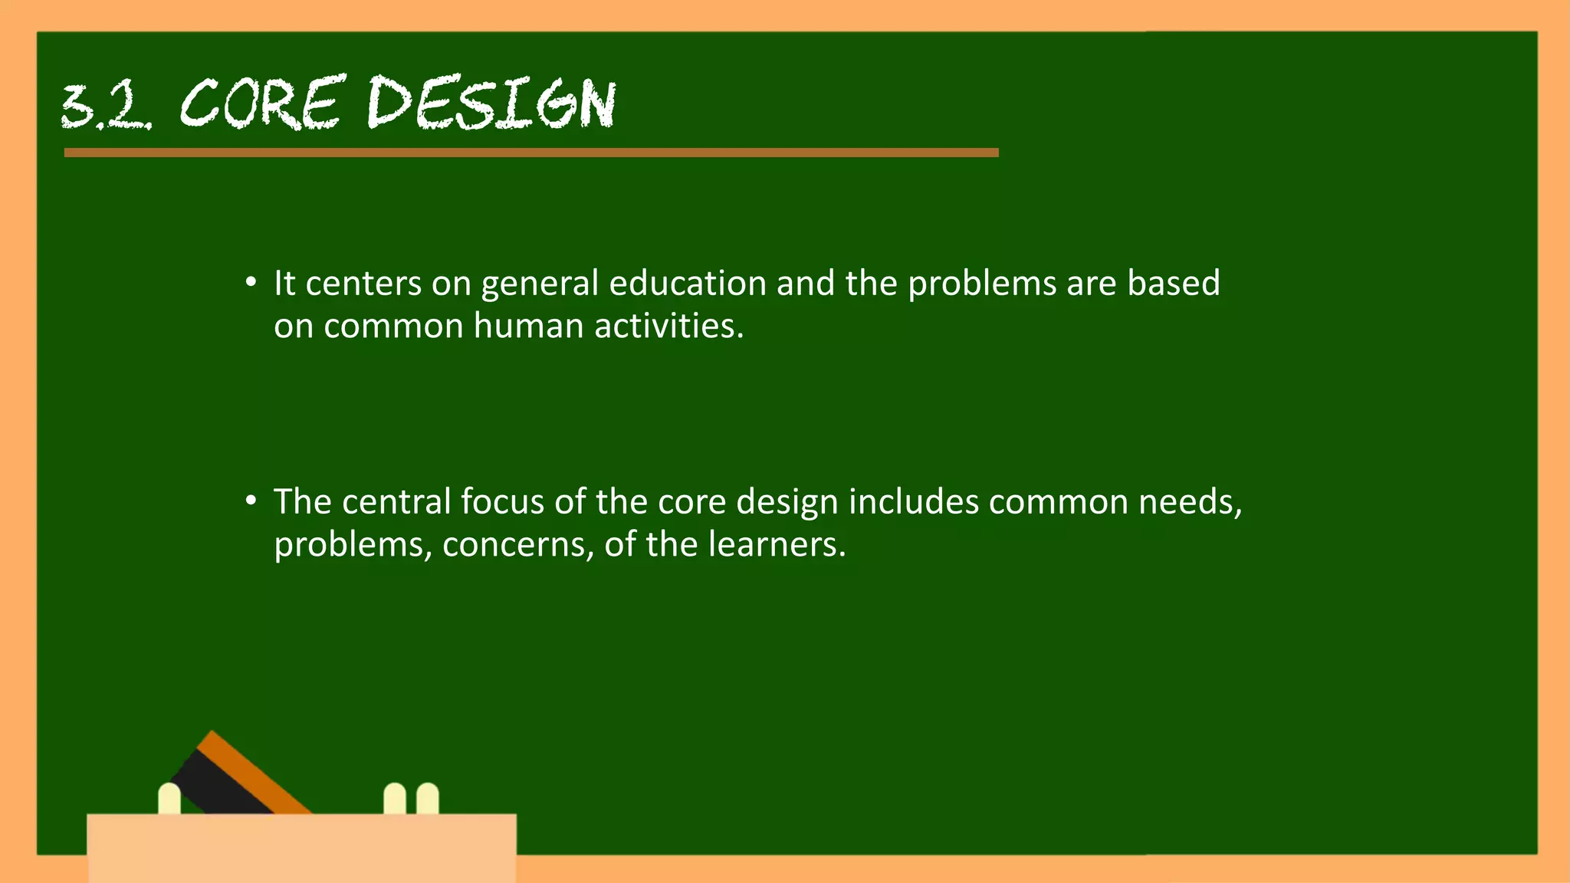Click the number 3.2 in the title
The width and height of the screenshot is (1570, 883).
[106, 105]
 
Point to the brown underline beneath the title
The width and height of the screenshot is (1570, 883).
[530, 153]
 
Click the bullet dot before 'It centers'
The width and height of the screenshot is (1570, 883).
[251, 283]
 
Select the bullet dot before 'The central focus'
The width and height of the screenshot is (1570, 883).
[251, 501]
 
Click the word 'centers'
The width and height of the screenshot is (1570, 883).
[363, 284]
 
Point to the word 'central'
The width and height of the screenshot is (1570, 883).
[396, 502]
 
